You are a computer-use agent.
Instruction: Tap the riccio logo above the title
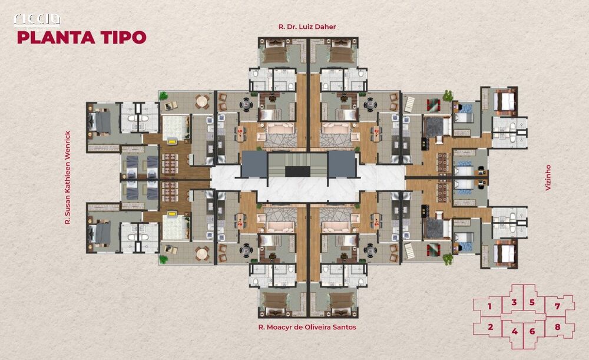pos(37,19)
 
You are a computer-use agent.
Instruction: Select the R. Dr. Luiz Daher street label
pos(307,27)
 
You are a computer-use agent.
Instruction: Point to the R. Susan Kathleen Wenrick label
pos(68,177)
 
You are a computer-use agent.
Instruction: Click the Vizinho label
pos(547,177)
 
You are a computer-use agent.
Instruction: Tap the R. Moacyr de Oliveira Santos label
pos(307,327)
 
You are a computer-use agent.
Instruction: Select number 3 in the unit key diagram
pos(514,303)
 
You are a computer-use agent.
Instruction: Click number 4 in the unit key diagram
pos(514,331)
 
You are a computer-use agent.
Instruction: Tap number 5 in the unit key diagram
pos(532,303)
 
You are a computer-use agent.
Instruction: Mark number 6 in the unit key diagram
pos(532,331)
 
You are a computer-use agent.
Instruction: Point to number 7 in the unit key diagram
pos(557,307)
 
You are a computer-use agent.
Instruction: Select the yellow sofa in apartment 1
pos(172,141)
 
